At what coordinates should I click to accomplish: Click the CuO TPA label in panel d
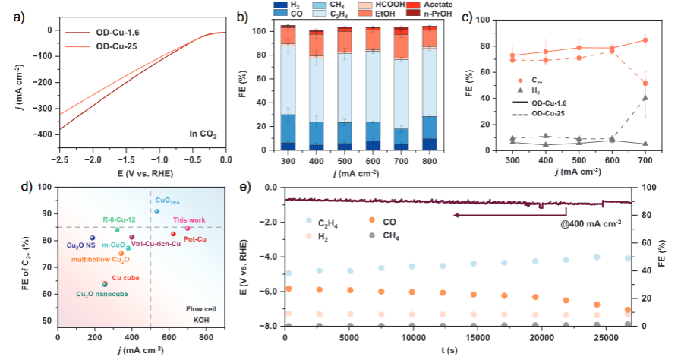pos(168,201)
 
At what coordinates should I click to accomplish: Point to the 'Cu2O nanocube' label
pos(102,293)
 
